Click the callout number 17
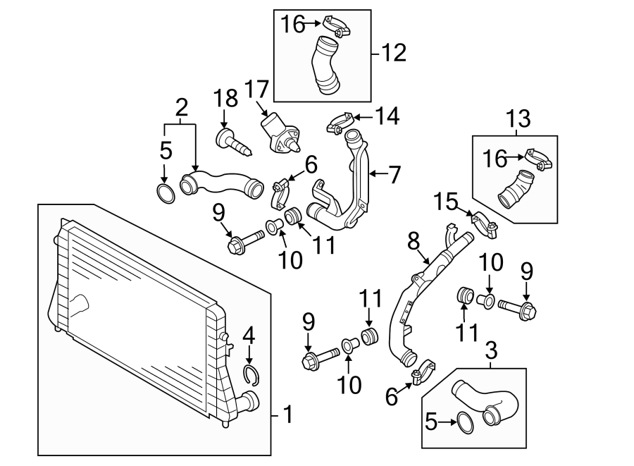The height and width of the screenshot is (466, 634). pos(256,89)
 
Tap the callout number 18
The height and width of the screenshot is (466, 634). pos(225,98)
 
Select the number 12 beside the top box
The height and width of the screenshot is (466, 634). pos(393,53)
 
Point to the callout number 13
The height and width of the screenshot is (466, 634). pos(518,118)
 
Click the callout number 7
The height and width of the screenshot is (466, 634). pos(394,175)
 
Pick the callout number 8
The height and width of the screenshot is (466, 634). pos(414,242)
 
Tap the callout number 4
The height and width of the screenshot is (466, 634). pos(249,336)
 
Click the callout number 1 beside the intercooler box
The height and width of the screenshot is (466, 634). pos(288,415)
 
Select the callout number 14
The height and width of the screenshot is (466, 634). pos(387,116)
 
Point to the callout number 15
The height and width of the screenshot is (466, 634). pos(446,202)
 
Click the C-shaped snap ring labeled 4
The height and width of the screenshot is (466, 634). pos(251,375)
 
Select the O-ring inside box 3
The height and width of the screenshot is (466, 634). pos(466,423)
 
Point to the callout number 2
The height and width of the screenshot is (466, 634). pos(182,108)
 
